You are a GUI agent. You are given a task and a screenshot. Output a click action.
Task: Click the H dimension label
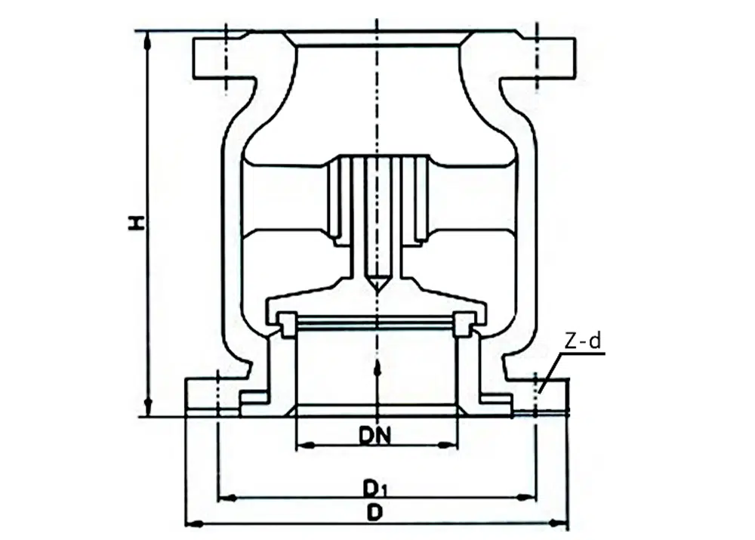coord(137,223)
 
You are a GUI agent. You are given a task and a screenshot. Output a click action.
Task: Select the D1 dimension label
coord(375,489)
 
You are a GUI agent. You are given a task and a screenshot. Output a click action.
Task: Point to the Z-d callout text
coord(583,341)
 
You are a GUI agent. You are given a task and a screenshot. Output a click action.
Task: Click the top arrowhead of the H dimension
coord(148,41)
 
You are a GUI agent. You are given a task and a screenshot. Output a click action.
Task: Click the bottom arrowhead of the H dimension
coord(148,408)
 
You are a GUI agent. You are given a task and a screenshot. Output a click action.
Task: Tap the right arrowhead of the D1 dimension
coord(527,497)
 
